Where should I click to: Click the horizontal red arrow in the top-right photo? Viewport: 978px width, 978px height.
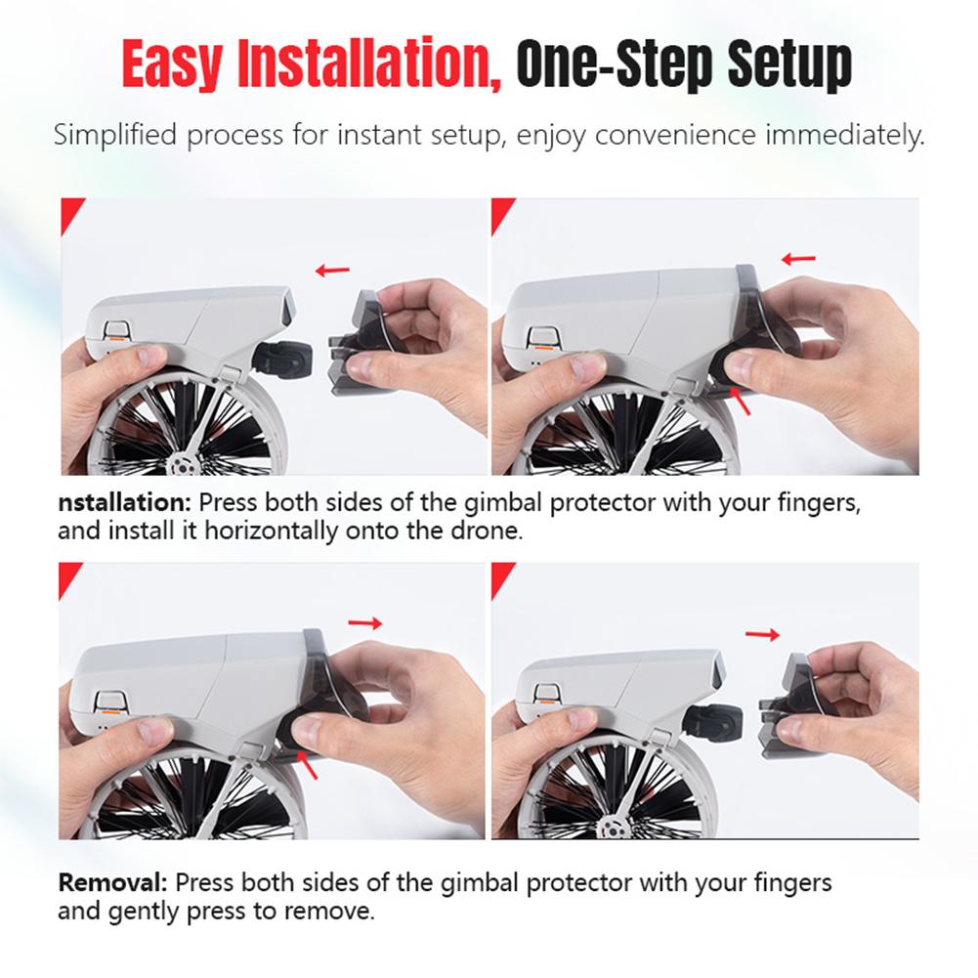[x=799, y=259]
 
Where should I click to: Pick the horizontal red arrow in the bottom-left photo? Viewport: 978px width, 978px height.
[x=366, y=623]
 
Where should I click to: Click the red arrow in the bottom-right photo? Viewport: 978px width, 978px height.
[x=762, y=635]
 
